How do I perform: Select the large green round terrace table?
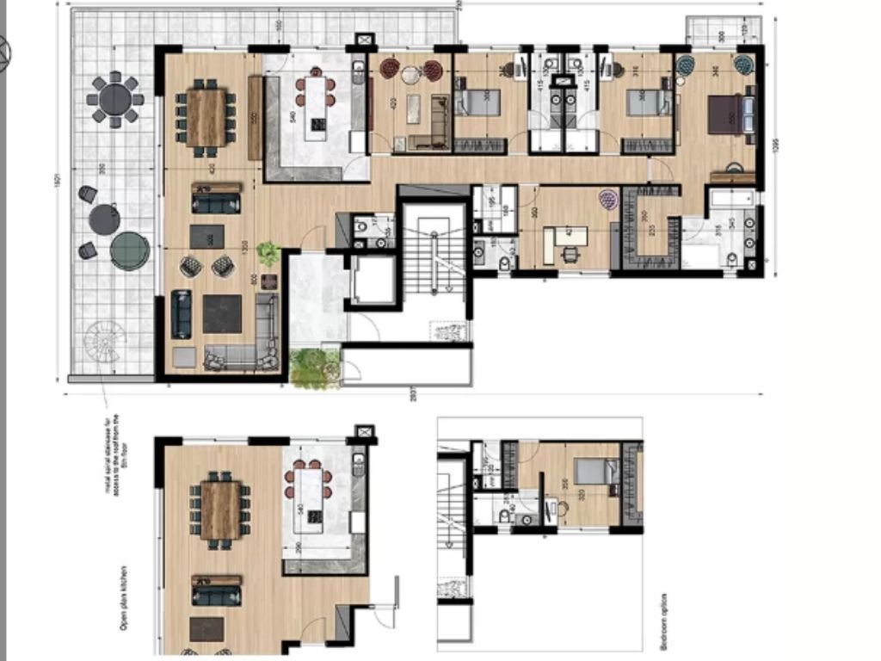point(130,251)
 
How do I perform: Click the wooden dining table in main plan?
point(206,118)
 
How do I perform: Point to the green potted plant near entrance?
point(268,253)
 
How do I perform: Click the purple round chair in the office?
point(608,201)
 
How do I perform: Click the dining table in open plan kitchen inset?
point(220,510)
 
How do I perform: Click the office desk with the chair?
point(564,238)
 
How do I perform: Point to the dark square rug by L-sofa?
point(222,314)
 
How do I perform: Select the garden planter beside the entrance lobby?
point(316,368)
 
